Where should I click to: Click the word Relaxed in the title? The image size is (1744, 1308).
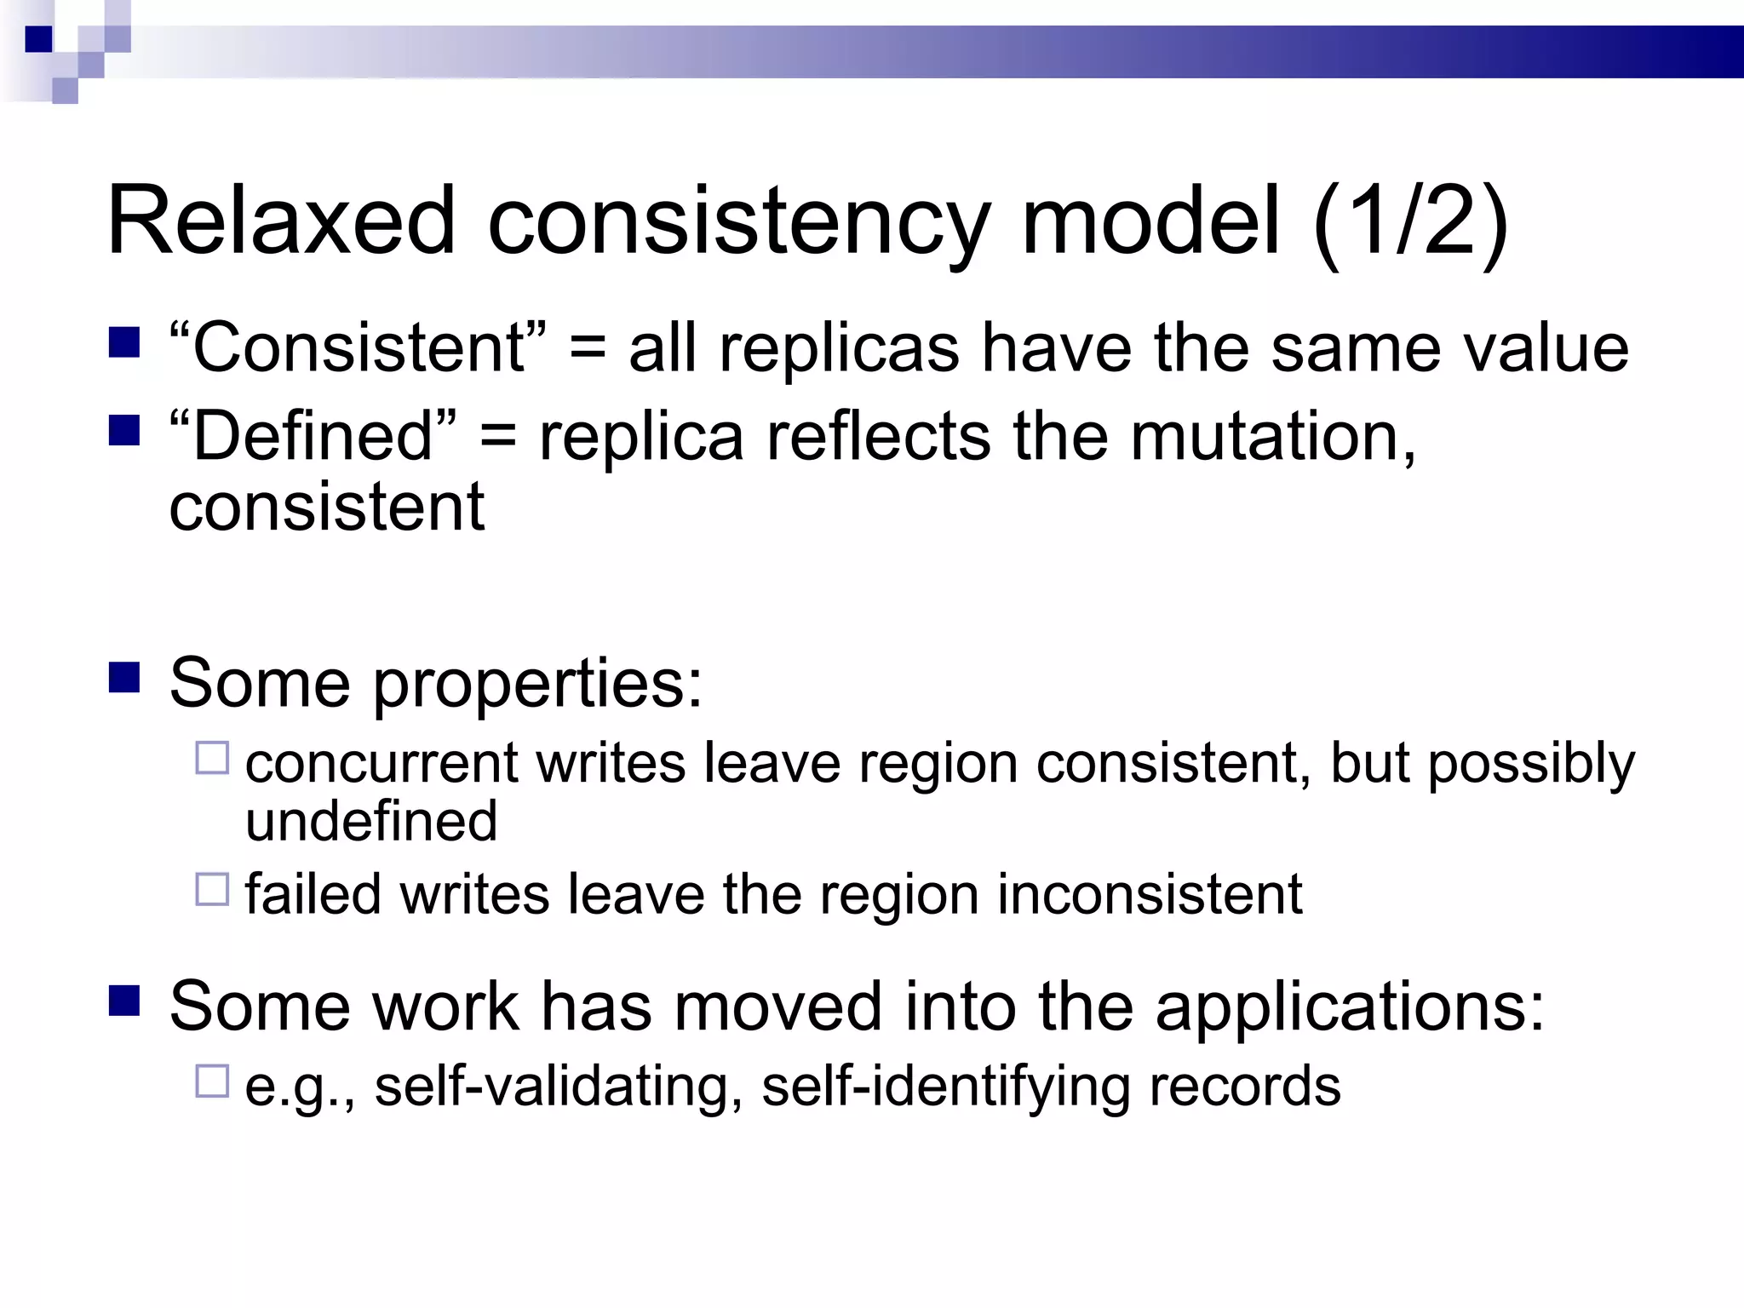click(x=281, y=221)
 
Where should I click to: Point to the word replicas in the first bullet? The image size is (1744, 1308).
click(x=839, y=349)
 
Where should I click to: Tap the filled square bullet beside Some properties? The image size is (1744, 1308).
click(x=124, y=679)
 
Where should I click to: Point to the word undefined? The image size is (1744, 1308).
click(x=371, y=821)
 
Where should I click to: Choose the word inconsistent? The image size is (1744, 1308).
click(x=1150, y=894)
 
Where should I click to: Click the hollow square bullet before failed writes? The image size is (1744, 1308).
click(x=212, y=889)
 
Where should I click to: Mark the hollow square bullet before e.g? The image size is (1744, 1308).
click(x=212, y=1081)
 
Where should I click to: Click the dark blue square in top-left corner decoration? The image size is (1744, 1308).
click(x=38, y=39)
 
